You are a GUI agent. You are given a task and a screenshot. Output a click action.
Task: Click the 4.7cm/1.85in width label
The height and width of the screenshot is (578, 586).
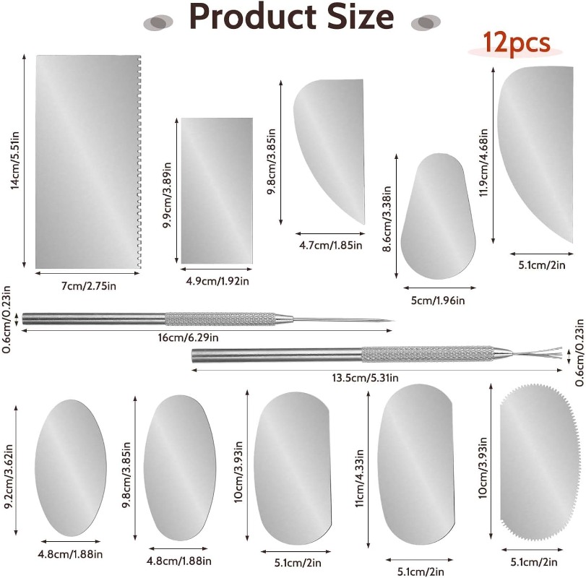[329, 246]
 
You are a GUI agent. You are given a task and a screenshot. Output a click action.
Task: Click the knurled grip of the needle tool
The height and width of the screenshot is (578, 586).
[220, 319]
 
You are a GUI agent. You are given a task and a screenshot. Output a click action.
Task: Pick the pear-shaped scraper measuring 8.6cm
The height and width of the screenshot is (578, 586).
[436, 217]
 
